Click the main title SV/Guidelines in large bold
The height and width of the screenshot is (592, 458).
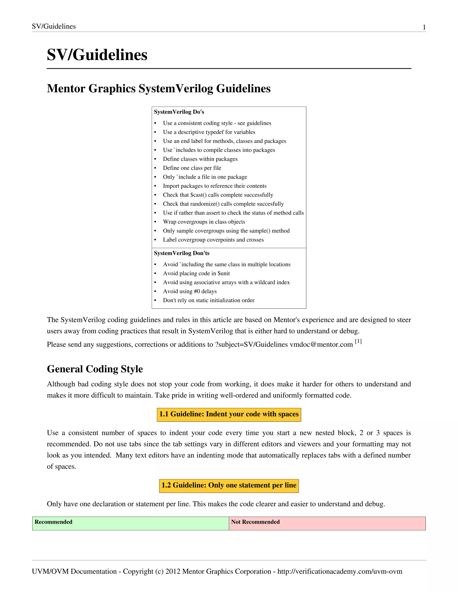(x=97, y=55)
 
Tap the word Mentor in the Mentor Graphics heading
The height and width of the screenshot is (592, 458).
(x=66, y=89)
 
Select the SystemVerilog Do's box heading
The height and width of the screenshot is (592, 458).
(x=179, y=112)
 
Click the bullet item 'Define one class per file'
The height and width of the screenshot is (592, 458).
(x=192, y=168)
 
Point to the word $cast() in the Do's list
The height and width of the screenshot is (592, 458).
(x=198, y=195)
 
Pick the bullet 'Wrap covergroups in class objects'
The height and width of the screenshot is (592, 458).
(x=204, y=222)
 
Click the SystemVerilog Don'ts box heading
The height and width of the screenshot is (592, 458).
(x=182, y=253)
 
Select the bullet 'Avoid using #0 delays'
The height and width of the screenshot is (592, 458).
(x=190, y=291)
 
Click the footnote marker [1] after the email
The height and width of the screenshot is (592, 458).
(x=358, y=342)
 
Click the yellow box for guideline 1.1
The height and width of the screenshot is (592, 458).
(x=229, y=414)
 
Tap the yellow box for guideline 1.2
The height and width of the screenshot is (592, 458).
(x=229, y=485)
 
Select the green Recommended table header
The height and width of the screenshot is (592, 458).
(x=131, y=523)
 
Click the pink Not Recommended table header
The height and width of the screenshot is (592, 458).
(x=327, y=523)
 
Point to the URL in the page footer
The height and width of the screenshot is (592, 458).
(x=340, y=572)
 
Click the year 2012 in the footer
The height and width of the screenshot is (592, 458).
(x=173, y=572)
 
